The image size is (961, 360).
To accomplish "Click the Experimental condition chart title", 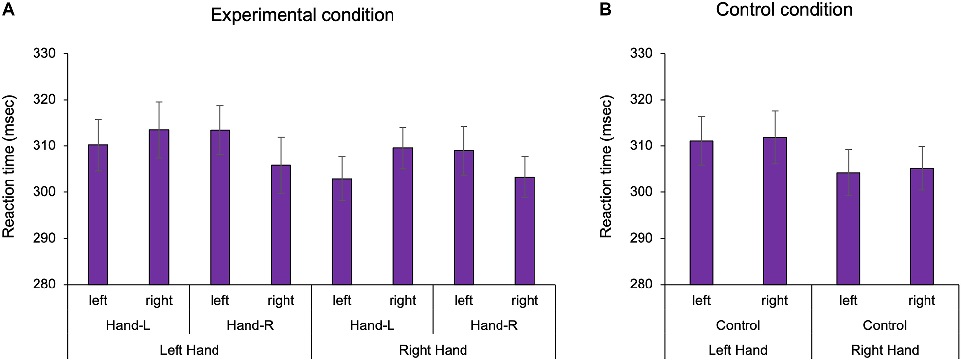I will (302, 15).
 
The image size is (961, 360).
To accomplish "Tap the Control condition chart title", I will (784, 10).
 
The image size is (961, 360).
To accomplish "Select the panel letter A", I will (8, 9).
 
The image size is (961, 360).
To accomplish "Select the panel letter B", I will (605, 9).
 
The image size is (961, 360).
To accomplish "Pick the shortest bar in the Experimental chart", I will (342, 231).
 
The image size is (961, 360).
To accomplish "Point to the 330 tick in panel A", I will (44, 53).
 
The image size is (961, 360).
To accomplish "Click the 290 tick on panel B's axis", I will (641, 238).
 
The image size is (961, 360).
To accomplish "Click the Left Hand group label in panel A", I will (189, 350).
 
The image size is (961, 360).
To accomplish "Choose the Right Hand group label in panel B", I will (885, 350).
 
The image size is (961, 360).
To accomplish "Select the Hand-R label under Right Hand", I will (494, 325).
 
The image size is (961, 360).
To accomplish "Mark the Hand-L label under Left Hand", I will (128, 325).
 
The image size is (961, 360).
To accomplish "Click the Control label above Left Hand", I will (738, 325).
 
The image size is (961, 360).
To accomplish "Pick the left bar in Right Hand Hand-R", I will (463, 217).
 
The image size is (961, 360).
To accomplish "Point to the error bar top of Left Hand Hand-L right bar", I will (159, 102).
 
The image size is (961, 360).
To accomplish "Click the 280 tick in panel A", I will (44, 285).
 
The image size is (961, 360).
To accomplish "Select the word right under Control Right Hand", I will (922, 301).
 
